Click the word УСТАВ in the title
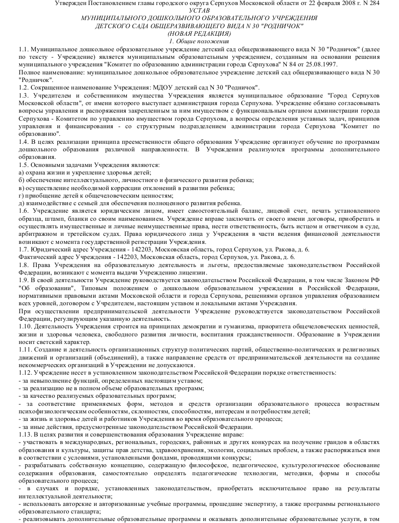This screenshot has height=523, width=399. pyautogui.click(x=199, y=11)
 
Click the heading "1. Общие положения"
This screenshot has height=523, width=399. pyautogui.click(x=199, y=41)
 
